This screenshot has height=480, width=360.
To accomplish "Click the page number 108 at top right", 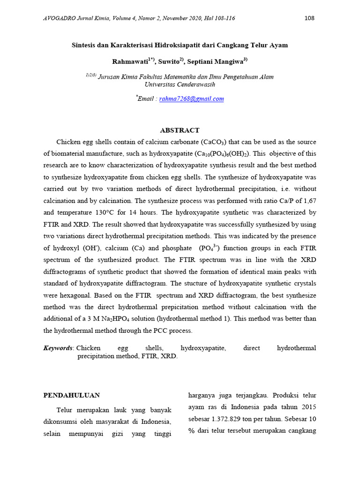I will [x=309, y=18].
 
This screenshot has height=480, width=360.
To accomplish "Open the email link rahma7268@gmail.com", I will [x=192, y=99].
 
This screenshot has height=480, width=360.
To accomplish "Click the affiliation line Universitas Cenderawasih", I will [x=180, y=84].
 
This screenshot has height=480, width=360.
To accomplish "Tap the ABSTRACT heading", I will [x=180, y=130].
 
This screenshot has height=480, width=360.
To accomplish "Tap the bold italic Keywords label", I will [x=58, y=348].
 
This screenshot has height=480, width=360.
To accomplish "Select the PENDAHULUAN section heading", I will [x=71, y=395].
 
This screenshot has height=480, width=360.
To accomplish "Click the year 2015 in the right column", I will [x=306, y=407].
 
